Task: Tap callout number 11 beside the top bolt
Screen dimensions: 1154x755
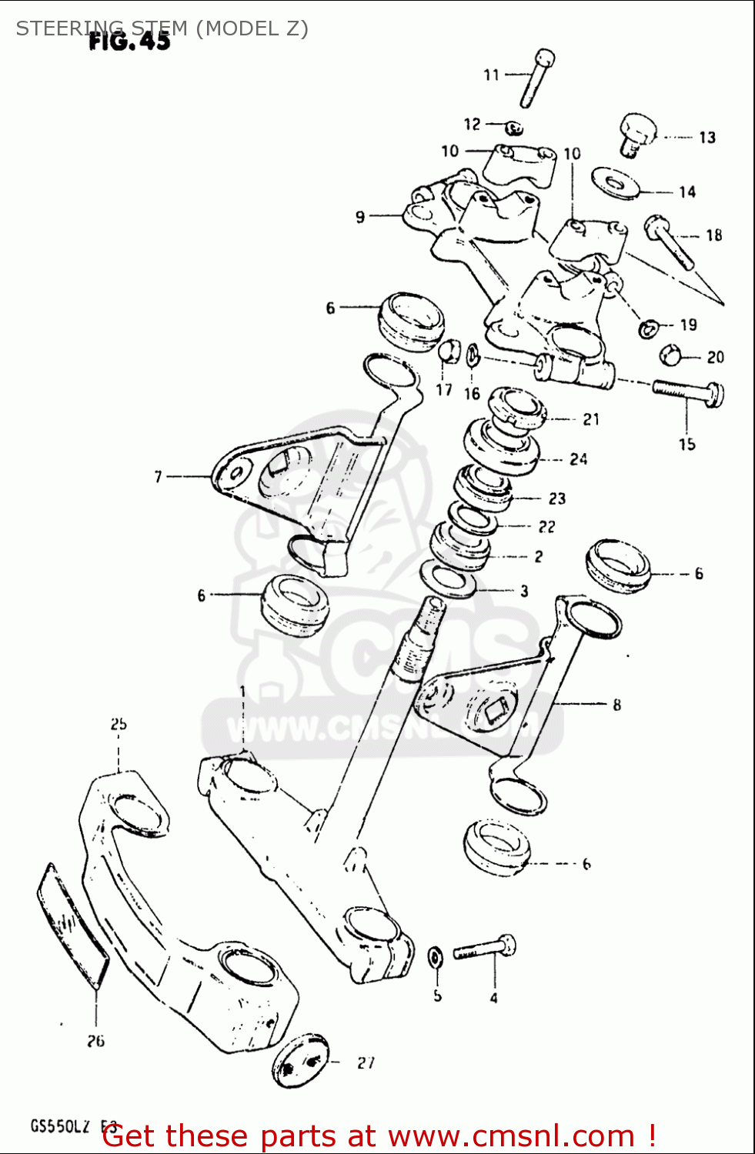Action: (x=491, y=75)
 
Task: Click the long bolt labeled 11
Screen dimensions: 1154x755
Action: (x=536, y=78)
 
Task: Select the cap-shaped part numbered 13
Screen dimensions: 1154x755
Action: (x=636, y=134)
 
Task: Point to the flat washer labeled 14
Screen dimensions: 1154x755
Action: (x=615, y=183)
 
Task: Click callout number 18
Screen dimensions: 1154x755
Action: (x=713, y=235)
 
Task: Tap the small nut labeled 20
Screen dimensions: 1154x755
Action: (x=671, y=355)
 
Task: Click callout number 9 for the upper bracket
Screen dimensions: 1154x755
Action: (x=359, y=218)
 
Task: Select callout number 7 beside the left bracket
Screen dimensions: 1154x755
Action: (x=159, y=477)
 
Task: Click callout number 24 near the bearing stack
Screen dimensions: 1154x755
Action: (x=578, y=459)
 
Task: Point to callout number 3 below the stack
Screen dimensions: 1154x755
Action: (x=524, y=591)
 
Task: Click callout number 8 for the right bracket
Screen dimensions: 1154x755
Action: (x=616, y=704)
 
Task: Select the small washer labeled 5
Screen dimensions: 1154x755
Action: (x=435, y=958)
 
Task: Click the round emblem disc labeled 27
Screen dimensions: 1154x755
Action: (x=301, y=1061)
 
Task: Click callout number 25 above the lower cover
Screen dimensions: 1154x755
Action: (x=118, y=724)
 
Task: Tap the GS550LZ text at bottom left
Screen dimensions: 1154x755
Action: (x=60, y=1127)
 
